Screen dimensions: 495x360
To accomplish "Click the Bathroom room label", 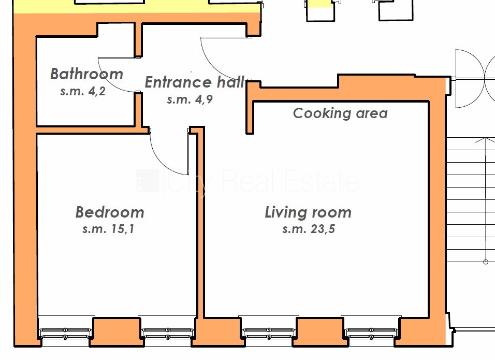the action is click(x=86, y=74).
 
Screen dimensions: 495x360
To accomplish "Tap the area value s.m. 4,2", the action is click(x=83, y=91).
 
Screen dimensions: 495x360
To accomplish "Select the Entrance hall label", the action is click(x=195, y=82).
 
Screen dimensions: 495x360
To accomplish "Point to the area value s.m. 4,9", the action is click(x=190, y=99).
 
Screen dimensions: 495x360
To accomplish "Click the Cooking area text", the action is click(x=340, y=113).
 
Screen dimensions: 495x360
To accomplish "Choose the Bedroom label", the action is click(x=110, y=212).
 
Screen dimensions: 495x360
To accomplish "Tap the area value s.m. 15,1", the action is click(x=108, y=229).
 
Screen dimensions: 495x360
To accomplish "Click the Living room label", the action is click(x=308, y=212).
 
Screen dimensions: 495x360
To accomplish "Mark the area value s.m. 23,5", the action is click(x=309, y=229).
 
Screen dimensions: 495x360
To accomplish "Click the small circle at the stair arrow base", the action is click(x=486, y=262).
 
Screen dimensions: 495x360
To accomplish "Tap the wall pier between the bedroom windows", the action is click(x=117, y=332).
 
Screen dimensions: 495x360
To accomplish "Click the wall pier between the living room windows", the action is click(x=320, y=332).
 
